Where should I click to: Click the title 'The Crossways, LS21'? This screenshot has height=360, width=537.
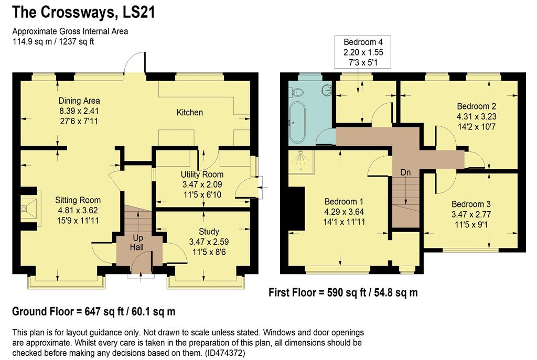coord(83,13)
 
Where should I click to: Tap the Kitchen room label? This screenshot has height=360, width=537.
coord(190,112)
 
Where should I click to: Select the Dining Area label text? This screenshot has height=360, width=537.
coord(79,101)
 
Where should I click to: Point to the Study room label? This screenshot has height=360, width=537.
coord(209,232)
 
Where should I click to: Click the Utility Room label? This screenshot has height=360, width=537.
coord(202,174)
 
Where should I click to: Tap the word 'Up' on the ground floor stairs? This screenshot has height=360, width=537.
coord(138,238)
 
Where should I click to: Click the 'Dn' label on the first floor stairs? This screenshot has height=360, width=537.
coord(405,172)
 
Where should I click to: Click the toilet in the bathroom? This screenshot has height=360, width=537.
coord(297,92)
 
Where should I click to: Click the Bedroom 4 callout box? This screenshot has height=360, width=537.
coord(363,52)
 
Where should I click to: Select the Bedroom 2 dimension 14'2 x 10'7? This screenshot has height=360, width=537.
coord(476,127)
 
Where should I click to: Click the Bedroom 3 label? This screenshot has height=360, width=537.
coord(471,204)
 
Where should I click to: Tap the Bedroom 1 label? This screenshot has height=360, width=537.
coord(344,202)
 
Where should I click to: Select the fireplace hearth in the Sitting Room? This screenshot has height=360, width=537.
coord(30,209)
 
